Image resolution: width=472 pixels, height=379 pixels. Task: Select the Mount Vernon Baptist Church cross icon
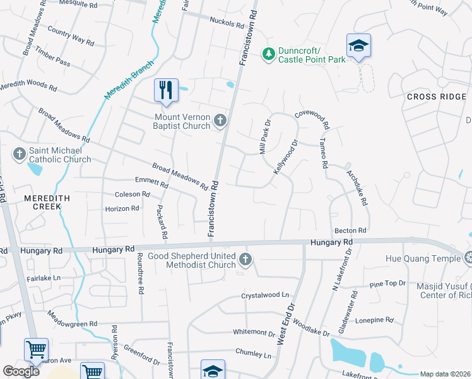pos(220,120)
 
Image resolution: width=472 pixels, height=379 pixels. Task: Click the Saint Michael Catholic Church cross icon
pos(20,153)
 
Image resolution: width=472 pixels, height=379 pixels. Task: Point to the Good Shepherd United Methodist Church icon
pos(245,259)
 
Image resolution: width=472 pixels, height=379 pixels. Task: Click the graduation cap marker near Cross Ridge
pos(358,45)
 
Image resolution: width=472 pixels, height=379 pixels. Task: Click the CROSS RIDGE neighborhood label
pos(436,97)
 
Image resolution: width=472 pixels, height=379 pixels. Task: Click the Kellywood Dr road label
pos(285,159)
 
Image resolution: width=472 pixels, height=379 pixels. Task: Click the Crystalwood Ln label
pos(264,295)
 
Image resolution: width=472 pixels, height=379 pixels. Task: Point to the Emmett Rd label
pos(151,183)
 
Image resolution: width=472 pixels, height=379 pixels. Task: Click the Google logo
pos(21,371)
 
